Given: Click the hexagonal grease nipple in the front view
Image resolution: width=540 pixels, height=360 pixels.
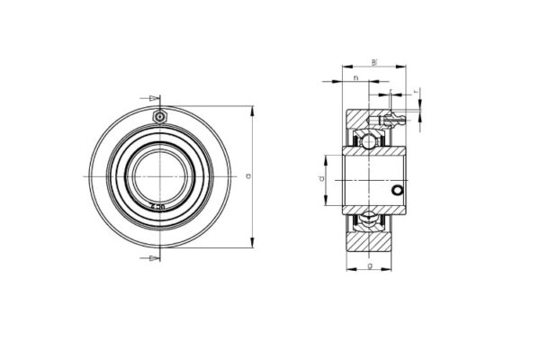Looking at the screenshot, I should pos(159,117).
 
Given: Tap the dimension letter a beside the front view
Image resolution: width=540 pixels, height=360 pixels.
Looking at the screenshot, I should pos(246,176).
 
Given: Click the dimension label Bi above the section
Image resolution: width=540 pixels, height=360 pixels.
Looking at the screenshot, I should pos(373,61).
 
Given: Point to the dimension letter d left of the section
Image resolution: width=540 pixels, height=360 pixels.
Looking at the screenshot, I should pos(321,180).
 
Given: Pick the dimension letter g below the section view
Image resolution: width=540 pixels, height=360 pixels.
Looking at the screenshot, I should pos(370,267).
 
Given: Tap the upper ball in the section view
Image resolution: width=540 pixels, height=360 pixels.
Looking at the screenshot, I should pos(368,142).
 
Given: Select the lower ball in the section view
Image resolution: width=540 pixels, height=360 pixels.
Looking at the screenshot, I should pos(368,219).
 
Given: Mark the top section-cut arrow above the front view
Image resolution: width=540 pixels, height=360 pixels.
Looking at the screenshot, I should pos(152,97).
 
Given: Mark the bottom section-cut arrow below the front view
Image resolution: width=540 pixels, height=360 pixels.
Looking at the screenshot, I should pos(152,259).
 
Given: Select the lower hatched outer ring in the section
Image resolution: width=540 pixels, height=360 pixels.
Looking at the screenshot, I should pos(368,238).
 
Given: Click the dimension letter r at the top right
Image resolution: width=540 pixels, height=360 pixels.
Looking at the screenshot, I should pos(416,92).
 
